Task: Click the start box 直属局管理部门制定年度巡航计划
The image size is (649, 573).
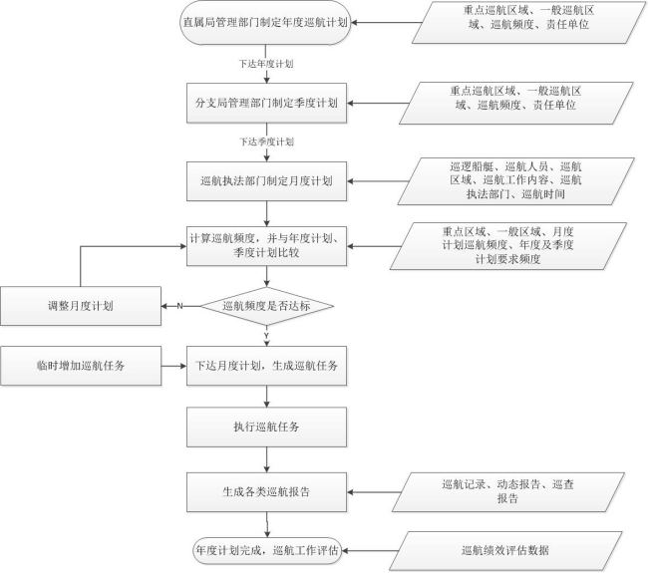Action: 265,22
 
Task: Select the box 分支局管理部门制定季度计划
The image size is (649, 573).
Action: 266,103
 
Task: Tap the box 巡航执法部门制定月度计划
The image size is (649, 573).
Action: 266,181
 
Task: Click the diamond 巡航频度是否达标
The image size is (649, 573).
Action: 267,306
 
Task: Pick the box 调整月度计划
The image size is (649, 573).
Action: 81,306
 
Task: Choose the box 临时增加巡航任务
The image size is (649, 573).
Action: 81,366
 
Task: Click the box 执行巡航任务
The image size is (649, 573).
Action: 266,427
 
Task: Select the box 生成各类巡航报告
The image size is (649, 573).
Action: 266,492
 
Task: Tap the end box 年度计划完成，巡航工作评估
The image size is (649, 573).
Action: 267,551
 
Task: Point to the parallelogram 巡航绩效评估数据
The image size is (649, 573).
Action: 505,551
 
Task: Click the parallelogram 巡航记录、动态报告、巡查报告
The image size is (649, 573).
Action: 507,492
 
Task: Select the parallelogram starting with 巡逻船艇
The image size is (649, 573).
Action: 515,180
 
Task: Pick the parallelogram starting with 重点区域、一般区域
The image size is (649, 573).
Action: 507,246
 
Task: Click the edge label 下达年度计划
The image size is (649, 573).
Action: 266,64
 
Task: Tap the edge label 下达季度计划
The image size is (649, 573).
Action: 266,142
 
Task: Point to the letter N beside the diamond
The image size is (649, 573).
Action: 179,306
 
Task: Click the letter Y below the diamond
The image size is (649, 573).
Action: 266,335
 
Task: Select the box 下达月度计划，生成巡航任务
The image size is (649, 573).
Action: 266,366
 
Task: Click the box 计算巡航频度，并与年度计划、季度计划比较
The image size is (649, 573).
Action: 266,246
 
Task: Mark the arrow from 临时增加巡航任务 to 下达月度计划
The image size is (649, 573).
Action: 173,366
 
